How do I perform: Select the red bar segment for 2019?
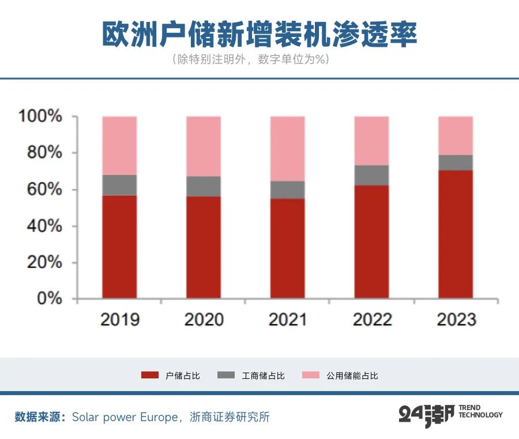point(119,247)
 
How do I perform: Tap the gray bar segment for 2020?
point(203,186)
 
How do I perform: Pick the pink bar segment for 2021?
point(287,148)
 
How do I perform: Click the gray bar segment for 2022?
point(371,175)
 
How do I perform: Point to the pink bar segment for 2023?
point(456,135)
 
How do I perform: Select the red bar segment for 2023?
point(456,234)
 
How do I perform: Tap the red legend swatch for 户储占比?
point(149,375)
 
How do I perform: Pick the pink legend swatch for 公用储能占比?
point(310,375)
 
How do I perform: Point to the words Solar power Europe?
point(125,417)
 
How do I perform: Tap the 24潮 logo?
point(426,415)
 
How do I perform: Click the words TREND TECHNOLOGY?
point(480,411)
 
